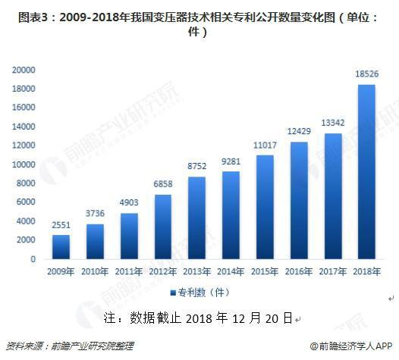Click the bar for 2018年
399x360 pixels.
[x=367, y=171]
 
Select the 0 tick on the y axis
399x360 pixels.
[x=33, y=259]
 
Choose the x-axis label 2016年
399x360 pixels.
[x=300, y=271]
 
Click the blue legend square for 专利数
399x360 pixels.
[x=173, y=292]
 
